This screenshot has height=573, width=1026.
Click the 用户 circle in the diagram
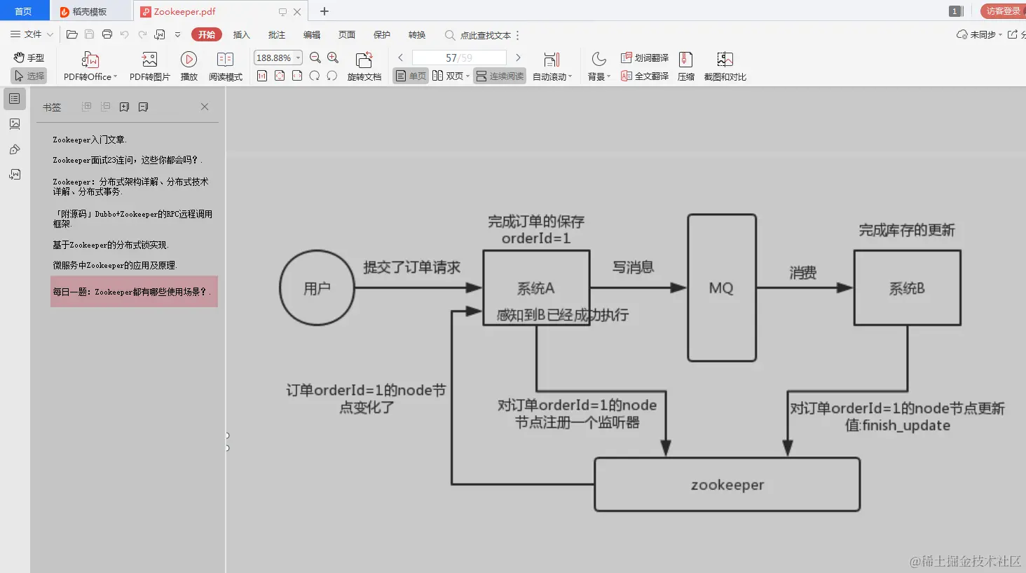tap(317, 288)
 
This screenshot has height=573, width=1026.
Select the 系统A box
tap(536, 288)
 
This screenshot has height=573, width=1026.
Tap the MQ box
tap(721, 288)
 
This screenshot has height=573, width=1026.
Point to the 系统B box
tap(907, 288)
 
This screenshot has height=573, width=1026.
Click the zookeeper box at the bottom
tap(727, 485)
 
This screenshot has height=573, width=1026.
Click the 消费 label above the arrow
tap(802, 273)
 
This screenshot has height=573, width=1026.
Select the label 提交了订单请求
tap(411, 267)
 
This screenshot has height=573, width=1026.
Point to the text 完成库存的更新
tap(907, 230)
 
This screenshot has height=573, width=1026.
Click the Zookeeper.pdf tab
tap(184, 12)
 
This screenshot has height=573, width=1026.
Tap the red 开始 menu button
tap(207, 34)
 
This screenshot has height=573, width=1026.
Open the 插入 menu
tap(241, 34)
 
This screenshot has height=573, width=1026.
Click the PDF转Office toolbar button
tap(90, 67)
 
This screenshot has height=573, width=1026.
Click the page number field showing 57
tap(458, 58)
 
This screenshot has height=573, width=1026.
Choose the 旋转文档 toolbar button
tap(364, 67)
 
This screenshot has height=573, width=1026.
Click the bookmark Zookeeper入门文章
tap(90, 140)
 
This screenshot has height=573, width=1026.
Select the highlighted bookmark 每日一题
tap(132, 292)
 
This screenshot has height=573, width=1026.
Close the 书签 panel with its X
tap(205, 107)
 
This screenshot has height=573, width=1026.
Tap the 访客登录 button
tap(1003, 11)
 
